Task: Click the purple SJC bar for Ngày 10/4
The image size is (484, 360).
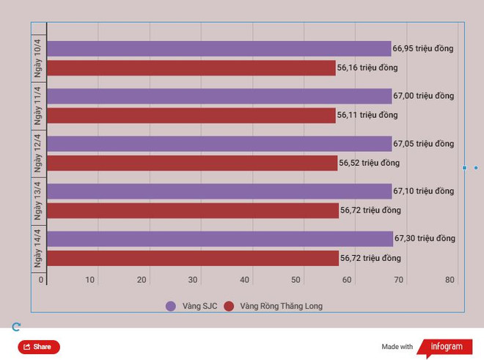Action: pos(219,48)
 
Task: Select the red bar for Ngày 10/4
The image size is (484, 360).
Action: pos(191,68)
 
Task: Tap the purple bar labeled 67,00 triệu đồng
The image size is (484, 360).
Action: pos(219,96)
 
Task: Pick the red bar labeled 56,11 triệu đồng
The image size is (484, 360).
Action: pos(191,115)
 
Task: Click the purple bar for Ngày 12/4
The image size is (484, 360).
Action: pos(219,144)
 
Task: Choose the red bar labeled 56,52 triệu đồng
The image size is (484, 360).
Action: pos(192,163)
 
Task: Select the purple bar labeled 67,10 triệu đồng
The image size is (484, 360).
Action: pos(219,191)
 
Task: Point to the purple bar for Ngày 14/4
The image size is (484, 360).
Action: pos(219,239)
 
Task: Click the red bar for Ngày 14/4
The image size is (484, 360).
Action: pos(192,258)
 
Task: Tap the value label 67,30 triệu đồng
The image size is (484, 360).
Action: pos(425,239)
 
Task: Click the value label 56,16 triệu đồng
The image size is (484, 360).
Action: pos(367,68)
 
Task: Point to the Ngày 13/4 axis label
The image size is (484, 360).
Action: pos(38,201)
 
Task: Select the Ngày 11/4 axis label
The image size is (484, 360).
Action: pos(38,106)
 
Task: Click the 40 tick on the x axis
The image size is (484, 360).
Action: pos(245,280)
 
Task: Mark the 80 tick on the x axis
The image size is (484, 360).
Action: pos(450,280)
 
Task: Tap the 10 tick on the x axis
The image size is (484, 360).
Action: pos(90,280)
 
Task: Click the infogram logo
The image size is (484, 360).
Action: pos(447,347)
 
